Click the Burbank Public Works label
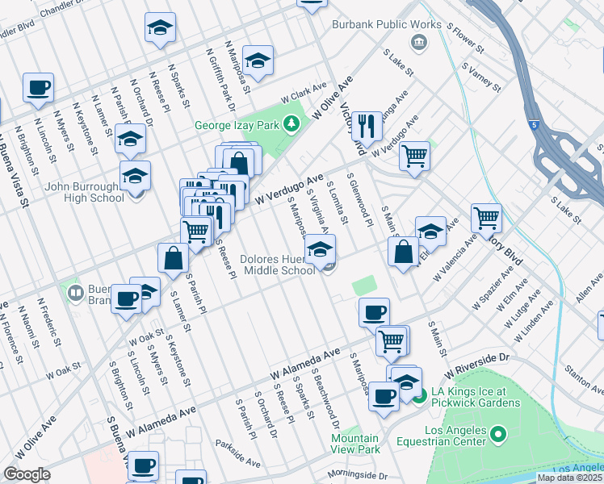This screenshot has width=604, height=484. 387,24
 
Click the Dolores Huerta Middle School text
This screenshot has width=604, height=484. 278,265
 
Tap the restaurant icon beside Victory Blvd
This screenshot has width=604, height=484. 367,124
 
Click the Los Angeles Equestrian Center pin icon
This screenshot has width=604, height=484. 498,435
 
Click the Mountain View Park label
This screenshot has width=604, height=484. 355,443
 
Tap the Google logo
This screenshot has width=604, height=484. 27,474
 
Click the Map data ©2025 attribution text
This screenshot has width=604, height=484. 570,478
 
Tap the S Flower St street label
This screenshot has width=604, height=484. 468,38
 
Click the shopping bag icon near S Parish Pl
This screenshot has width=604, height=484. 174,258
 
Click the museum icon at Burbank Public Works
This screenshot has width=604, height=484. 419,42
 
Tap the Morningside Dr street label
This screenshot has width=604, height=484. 358,475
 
